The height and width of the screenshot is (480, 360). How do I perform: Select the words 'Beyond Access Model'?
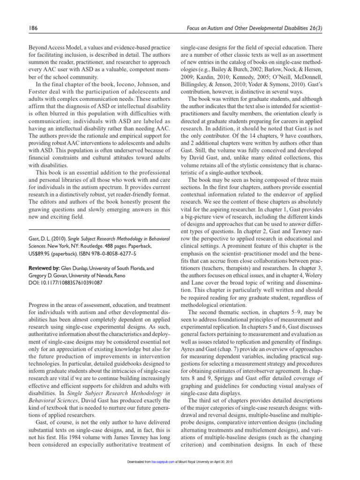pos(45,47)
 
